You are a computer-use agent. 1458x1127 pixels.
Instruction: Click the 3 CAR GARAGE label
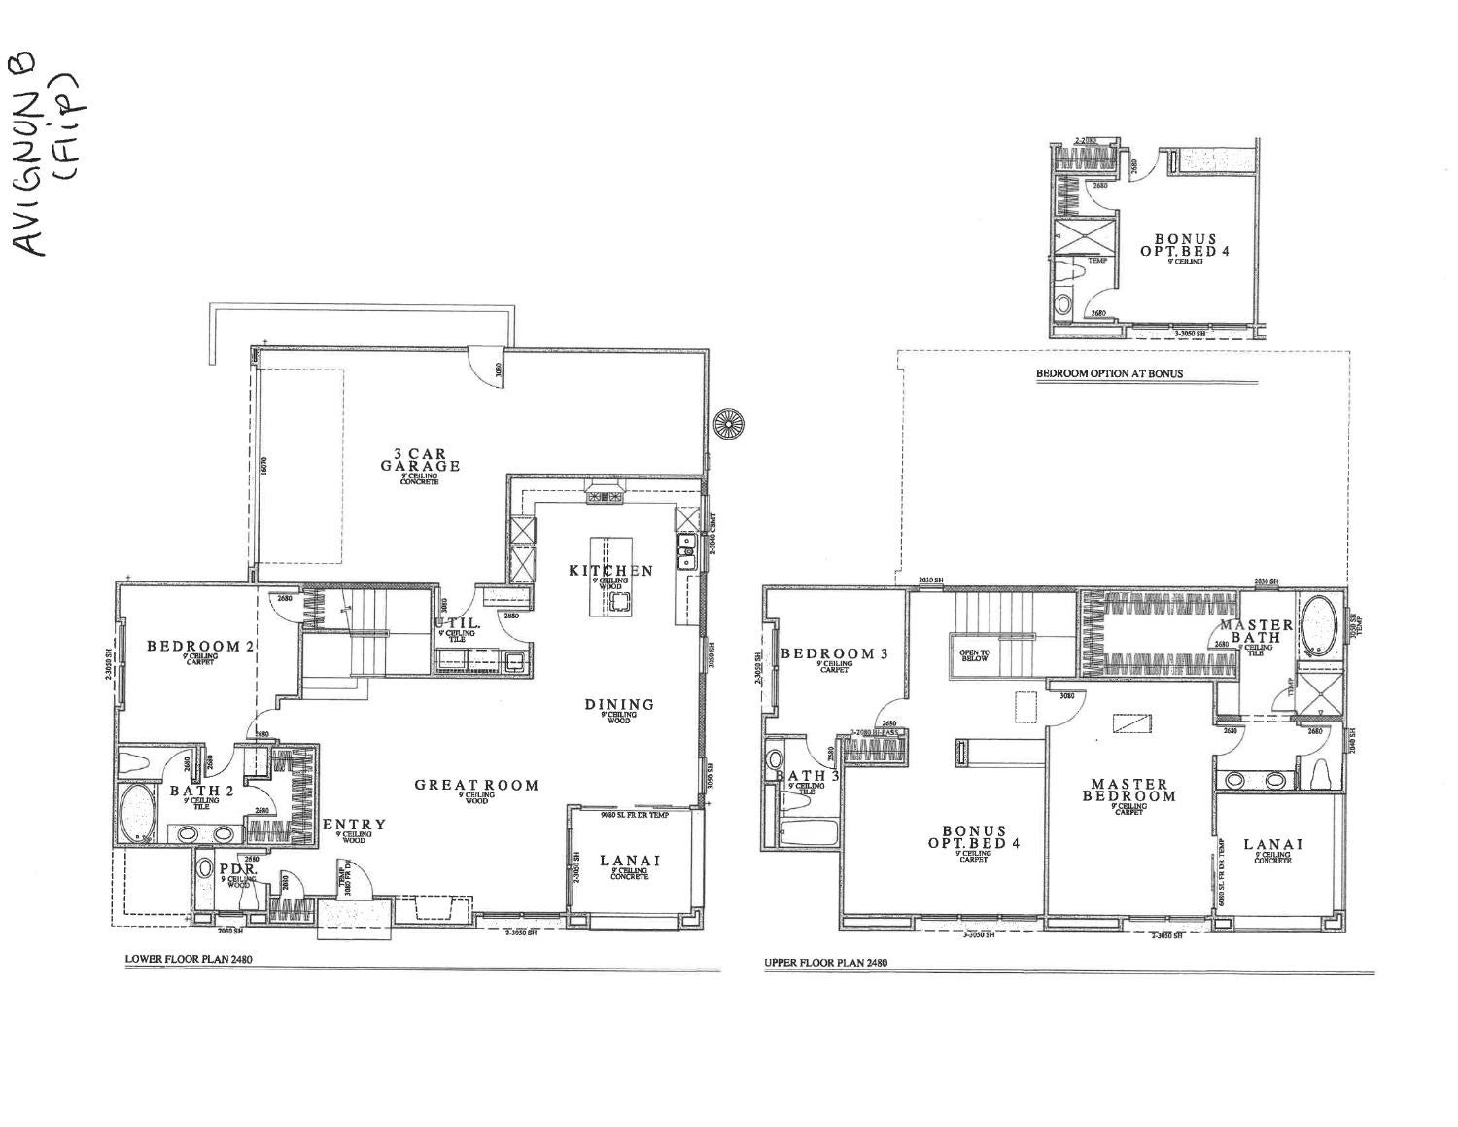click(x=420, y=460)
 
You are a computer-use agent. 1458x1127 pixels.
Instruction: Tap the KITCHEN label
click(x=610, y=571)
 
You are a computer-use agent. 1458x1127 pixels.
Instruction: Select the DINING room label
click(x=619, y=705)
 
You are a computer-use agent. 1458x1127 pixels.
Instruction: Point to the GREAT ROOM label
click(x=476, y=786)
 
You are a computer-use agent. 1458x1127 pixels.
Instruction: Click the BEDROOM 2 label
click(x=193, y=646)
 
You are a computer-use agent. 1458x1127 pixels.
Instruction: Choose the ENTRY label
click(x=354, y=825)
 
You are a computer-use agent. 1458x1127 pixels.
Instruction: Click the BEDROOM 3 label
click(x=835, y=653)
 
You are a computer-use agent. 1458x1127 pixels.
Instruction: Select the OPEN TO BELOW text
click(x=975, y=655)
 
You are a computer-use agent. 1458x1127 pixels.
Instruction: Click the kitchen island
click(x=612, y=575)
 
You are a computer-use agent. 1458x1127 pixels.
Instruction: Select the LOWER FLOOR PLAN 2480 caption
click(x=189, y=959)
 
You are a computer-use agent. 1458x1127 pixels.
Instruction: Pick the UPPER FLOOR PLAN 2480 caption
click(x=825, y=963)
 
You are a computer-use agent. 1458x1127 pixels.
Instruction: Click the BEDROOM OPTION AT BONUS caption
click(x=1109, y=373)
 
